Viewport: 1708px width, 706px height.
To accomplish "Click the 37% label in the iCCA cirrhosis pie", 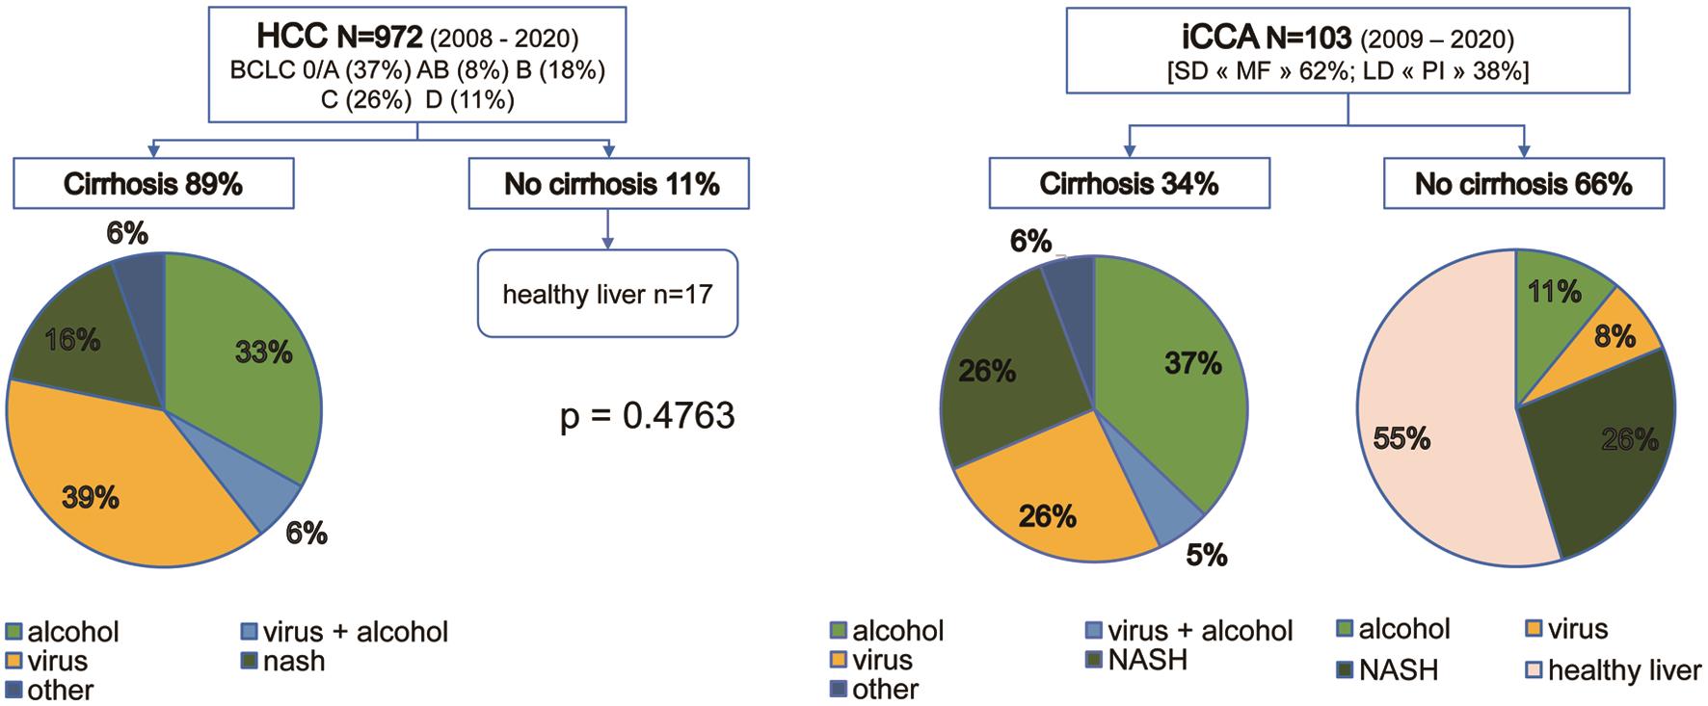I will (x=1192, y=363).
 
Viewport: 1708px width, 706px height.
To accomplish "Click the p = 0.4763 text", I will (x=648, y=416).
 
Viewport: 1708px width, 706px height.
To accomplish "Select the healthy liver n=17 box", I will (x=607, y=294).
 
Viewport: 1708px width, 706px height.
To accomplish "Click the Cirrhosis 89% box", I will (x=153, y=184).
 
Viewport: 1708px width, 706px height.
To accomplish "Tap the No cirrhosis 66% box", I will (x=1523, y=184).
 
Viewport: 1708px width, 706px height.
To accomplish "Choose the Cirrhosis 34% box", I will (x=1129, y=184).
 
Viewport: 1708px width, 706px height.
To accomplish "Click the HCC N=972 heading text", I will (x=339, y=38).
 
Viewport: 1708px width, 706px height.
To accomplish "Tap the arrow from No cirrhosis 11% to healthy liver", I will (x=608, y=229).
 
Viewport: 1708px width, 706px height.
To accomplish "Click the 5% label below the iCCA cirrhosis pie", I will (x=1206, y=556).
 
